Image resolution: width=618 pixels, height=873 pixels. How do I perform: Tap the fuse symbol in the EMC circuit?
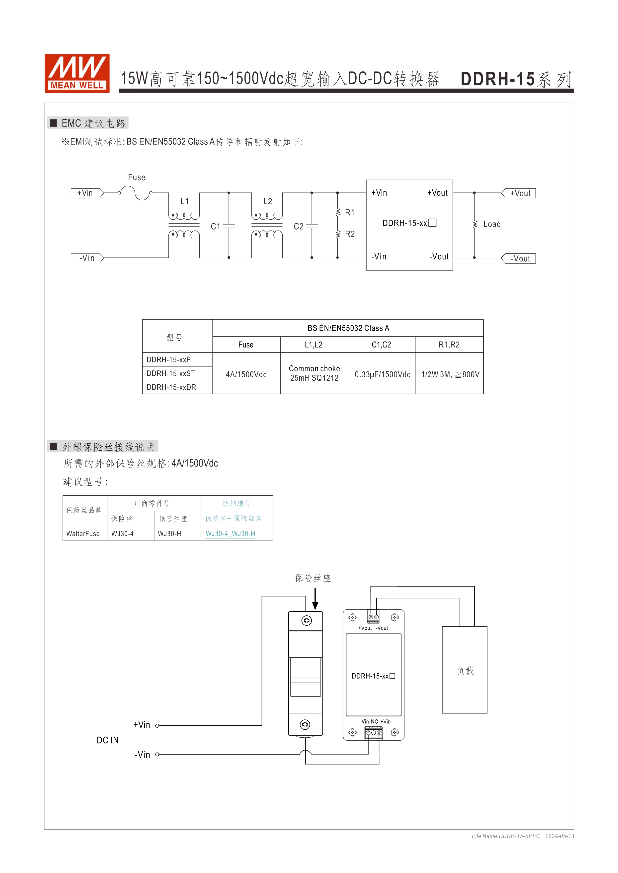point(135,193)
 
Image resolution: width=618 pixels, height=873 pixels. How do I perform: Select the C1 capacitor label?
point(215,227)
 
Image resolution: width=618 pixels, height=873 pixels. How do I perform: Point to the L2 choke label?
point(268,202)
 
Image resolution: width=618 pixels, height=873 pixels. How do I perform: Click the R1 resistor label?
point(350,213)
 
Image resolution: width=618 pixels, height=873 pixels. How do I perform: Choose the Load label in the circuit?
point(492,224)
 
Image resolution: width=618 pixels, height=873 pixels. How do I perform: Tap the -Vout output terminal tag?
point(519,259)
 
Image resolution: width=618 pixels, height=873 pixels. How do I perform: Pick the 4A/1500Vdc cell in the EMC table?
point(246,375)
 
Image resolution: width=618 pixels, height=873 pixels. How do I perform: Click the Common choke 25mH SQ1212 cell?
point(314,373)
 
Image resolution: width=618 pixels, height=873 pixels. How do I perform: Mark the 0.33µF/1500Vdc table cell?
point(382,375)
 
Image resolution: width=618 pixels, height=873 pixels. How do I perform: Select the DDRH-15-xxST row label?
point(171,373)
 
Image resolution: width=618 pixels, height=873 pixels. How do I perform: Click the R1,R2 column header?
point(449,345)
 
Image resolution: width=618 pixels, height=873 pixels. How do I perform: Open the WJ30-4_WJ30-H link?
point(230,534)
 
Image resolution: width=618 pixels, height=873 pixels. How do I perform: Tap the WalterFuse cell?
point(83,534)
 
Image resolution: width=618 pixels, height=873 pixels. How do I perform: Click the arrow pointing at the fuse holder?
point(315,599)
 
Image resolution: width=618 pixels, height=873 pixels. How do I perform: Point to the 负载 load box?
point(465,670)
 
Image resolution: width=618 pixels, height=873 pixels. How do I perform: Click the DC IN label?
point(108,740)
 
